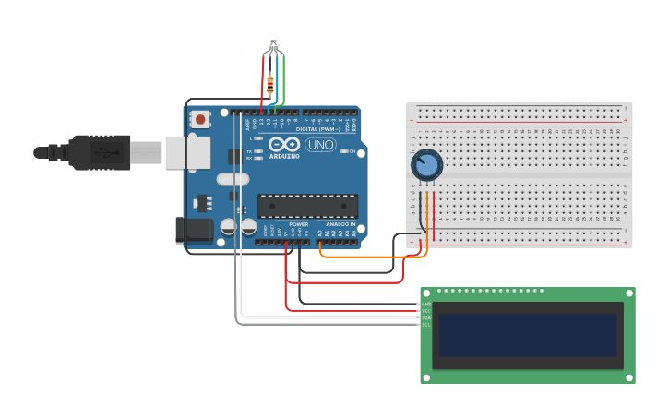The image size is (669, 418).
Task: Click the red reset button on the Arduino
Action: [200, 119]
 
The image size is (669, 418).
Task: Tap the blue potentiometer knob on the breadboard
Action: [426, 165]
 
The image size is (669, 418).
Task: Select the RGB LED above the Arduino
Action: [273, 42]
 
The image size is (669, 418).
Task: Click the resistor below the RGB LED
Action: [270, 85]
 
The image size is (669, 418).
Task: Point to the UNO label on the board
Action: [319, 145]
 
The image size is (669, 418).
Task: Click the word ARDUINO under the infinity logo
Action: [284, 156]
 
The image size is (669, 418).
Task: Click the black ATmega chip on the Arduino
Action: [307, 206]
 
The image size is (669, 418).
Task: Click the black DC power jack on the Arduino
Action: [190, 231]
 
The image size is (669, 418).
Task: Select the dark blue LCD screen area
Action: [527, 335]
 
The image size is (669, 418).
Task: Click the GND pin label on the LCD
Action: [426, 304]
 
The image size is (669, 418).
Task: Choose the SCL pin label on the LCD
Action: [426, 324]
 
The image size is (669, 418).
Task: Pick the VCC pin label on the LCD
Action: [426, 310]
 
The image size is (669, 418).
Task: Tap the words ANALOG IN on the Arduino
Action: [338, 224]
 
